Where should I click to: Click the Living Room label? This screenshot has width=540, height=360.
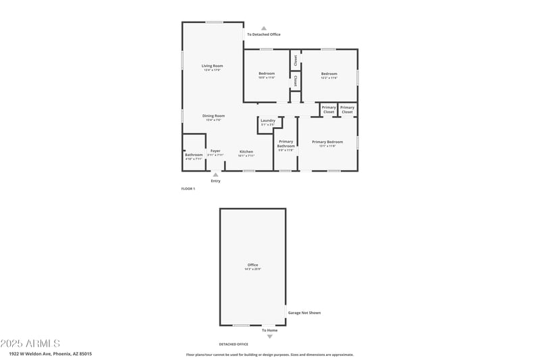click(x=212, y=66)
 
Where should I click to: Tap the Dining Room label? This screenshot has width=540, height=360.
click(x=214, y=115)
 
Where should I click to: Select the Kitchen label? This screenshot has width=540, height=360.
click(x=246, y=151)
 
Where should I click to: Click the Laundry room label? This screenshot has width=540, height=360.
click(x=267, y=120)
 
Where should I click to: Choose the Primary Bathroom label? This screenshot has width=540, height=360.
click(x=286, y=143)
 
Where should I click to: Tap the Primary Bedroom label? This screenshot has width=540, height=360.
click(x=327, y=142)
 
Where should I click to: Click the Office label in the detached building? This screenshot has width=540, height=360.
click(x=252, y=265)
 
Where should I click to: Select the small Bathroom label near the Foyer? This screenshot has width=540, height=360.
click(x=194, y=155)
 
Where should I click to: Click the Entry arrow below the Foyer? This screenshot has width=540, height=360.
click(x=215, y=174)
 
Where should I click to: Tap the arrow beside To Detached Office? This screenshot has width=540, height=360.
click(x=264, y=28)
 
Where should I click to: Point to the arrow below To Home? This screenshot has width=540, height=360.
click(x=270, y=336)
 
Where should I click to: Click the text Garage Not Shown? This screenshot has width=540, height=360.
click(x=304, y=313)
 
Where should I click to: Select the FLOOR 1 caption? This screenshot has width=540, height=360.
click(x=188, y=188)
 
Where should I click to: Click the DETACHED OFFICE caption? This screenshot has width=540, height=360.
click(x=233, y=344)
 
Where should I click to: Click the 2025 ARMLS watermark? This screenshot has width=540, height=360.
click(x=30, y=343)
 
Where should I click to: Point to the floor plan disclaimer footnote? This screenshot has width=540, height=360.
click(x=269, y=354)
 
